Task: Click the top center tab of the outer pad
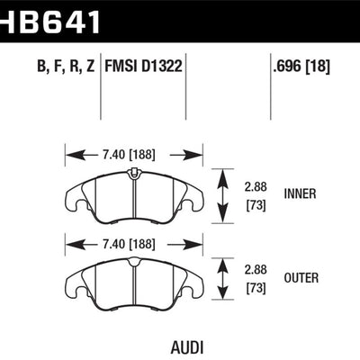tap(135, 260)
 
